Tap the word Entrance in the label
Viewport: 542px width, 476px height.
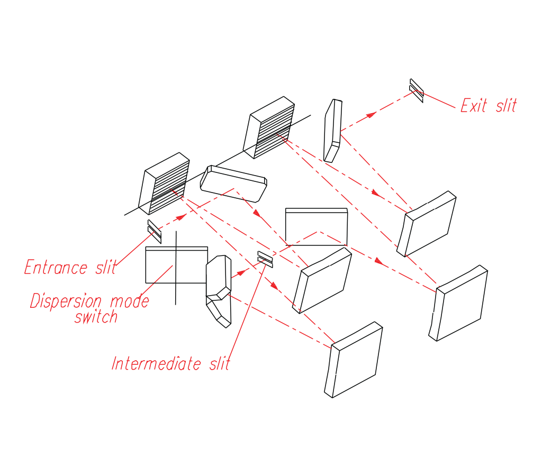(x=56, y=268)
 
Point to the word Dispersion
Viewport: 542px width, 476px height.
(x=66, y=301)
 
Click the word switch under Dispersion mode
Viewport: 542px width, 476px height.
(x=96, y=317)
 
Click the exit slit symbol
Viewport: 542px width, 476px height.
(x=417, y=90)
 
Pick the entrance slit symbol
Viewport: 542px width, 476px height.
(x=154, y=231)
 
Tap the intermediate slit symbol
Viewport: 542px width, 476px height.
(x=265, y=259)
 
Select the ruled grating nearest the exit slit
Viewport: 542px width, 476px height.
(x=269, y=127)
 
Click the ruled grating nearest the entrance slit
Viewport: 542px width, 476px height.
(x=164, y=184)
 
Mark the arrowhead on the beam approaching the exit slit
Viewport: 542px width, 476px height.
(x=373, y=114)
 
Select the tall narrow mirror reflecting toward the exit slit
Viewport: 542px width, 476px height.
(x=333, y=130)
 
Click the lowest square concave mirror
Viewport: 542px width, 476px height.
(x=354, y=360)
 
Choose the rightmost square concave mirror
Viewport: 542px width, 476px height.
(x=459, y=305)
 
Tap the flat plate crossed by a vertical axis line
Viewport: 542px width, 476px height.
(x=176, y=265)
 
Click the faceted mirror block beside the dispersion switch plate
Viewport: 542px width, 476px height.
(x=218, y=290)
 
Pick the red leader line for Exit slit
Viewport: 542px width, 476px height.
(x=439, y=101)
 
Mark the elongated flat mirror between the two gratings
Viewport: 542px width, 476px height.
(x=233, y=183)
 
